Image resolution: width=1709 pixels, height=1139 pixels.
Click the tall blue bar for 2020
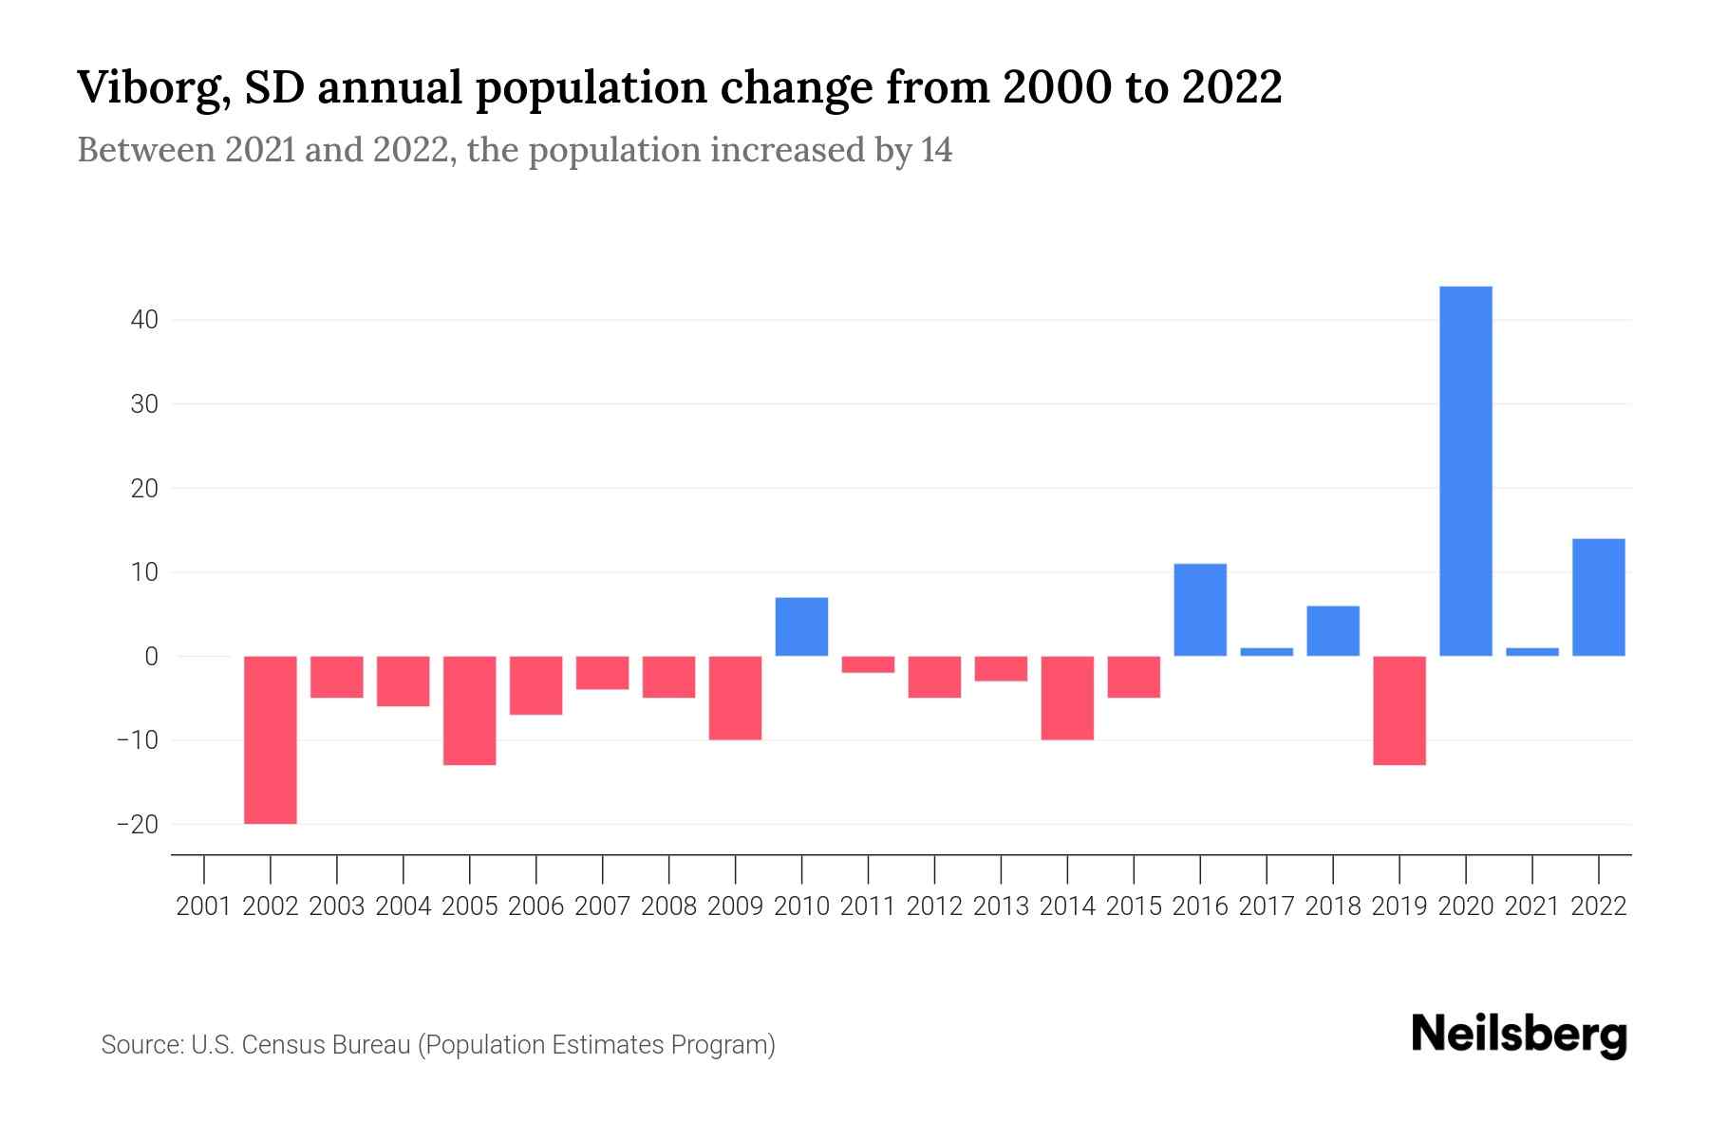(1466, 471)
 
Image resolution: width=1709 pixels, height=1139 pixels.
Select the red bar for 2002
(271, 739)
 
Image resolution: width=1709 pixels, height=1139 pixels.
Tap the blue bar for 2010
(801, 626)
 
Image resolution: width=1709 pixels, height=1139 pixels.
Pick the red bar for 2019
(1399, 710)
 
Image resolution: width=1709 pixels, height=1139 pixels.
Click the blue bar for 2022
(1599, 597)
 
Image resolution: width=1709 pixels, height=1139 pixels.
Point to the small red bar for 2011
(868, 664)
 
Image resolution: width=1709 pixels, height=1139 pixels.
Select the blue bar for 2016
(1200, 609)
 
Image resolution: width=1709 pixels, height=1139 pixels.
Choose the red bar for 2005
(470, 710)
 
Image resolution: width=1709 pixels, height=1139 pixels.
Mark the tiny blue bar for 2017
(1267, 652)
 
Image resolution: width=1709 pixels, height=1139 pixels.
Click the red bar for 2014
(1067, 698)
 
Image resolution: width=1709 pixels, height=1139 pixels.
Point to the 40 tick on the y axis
(144, 320)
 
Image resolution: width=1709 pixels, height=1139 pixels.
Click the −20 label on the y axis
(137, 824)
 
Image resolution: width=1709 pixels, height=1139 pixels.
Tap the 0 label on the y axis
(151, 656)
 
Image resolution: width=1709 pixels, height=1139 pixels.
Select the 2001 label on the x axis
(204, 906)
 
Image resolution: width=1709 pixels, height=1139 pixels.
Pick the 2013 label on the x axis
(1001, 906)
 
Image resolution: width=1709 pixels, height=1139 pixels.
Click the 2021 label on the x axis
(1531, 906)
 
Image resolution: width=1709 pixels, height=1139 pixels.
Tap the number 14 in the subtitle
(935, 150)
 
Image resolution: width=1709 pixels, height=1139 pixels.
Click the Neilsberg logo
(1519, 1035)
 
